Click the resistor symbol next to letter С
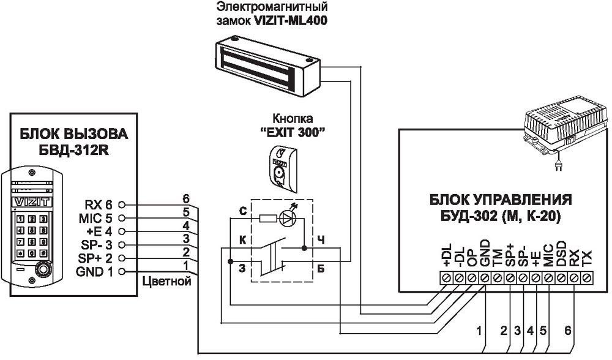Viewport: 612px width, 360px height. [267, 217]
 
